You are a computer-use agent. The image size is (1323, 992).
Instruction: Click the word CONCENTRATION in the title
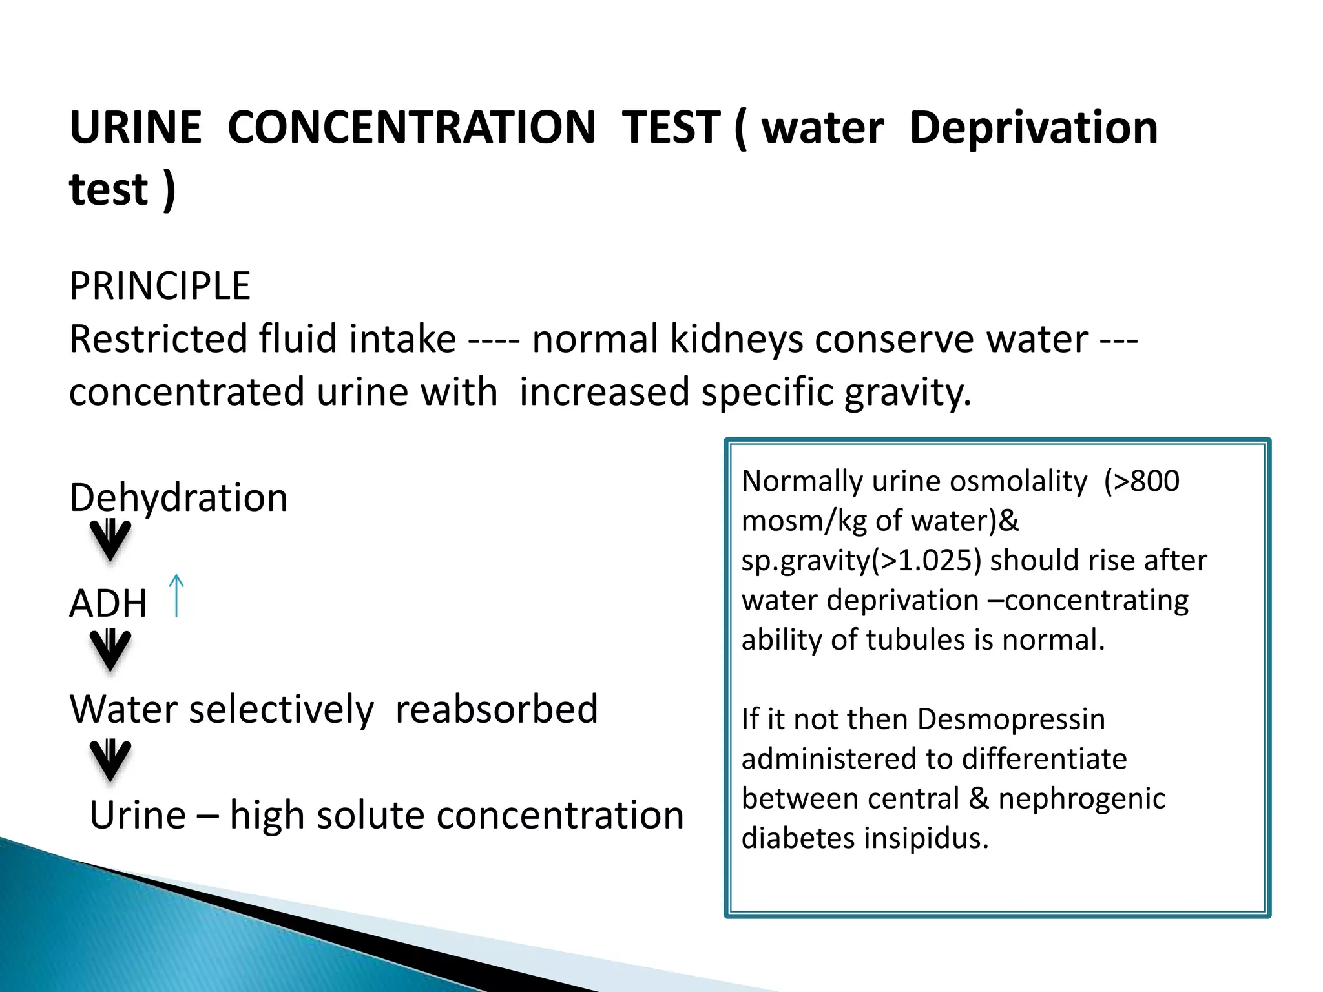[x=411, y=127]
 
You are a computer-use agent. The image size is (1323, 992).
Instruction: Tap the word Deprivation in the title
[x=1033, y=127]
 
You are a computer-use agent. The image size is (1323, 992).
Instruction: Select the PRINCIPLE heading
[x=160, y=286]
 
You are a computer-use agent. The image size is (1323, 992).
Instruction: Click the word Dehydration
[x=178, y=498]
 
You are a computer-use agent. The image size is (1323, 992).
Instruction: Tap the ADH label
[x=108, y=604]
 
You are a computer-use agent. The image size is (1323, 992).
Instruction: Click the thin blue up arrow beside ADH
[x=176, y=595]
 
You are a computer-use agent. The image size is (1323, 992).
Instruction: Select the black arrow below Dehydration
[x=110, y=540]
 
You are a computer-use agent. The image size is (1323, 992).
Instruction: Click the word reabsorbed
[x=496, y=710]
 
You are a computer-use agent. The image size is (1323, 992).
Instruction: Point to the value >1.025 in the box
[x=926, y=561]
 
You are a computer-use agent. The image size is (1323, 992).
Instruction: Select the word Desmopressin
[x=1011, y=719]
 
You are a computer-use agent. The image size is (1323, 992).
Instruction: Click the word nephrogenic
[x=1081, y=799]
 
